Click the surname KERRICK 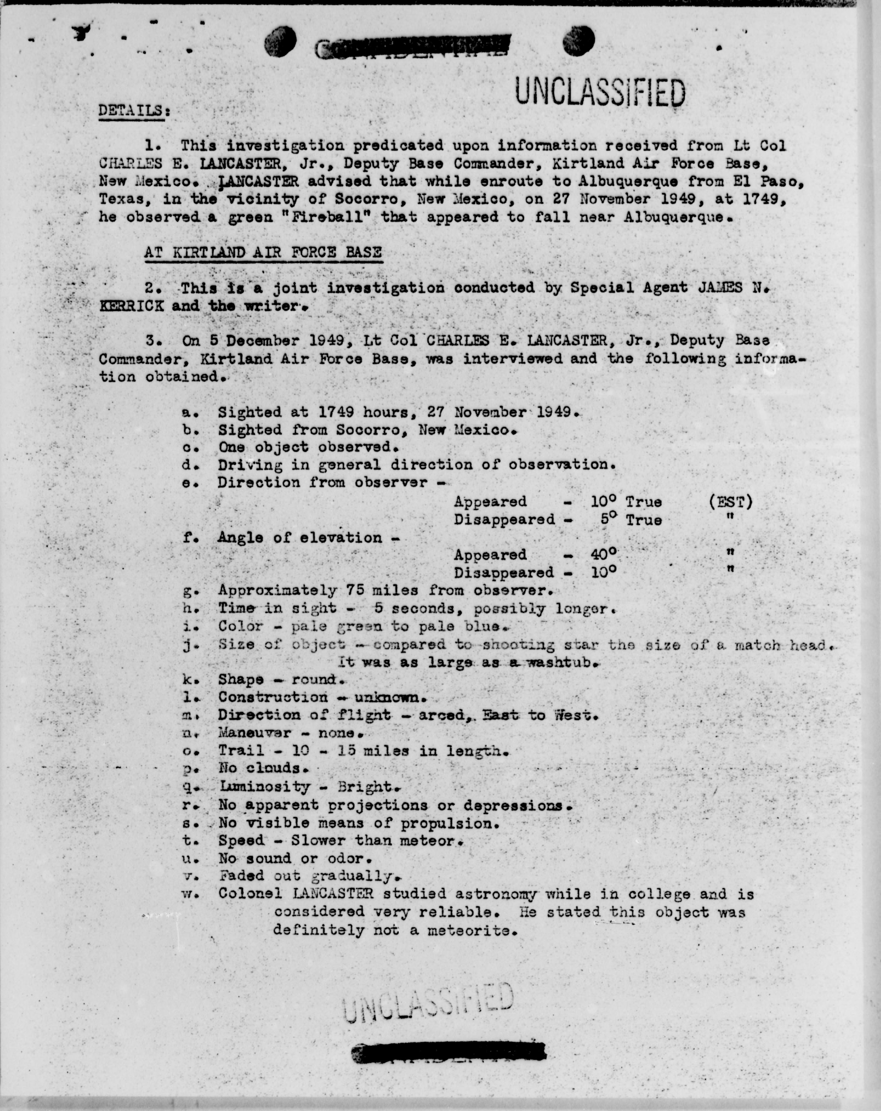coord(132,306)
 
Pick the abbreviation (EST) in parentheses coord(731,501)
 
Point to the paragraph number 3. coord(150,341)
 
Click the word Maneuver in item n coord(255,733)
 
